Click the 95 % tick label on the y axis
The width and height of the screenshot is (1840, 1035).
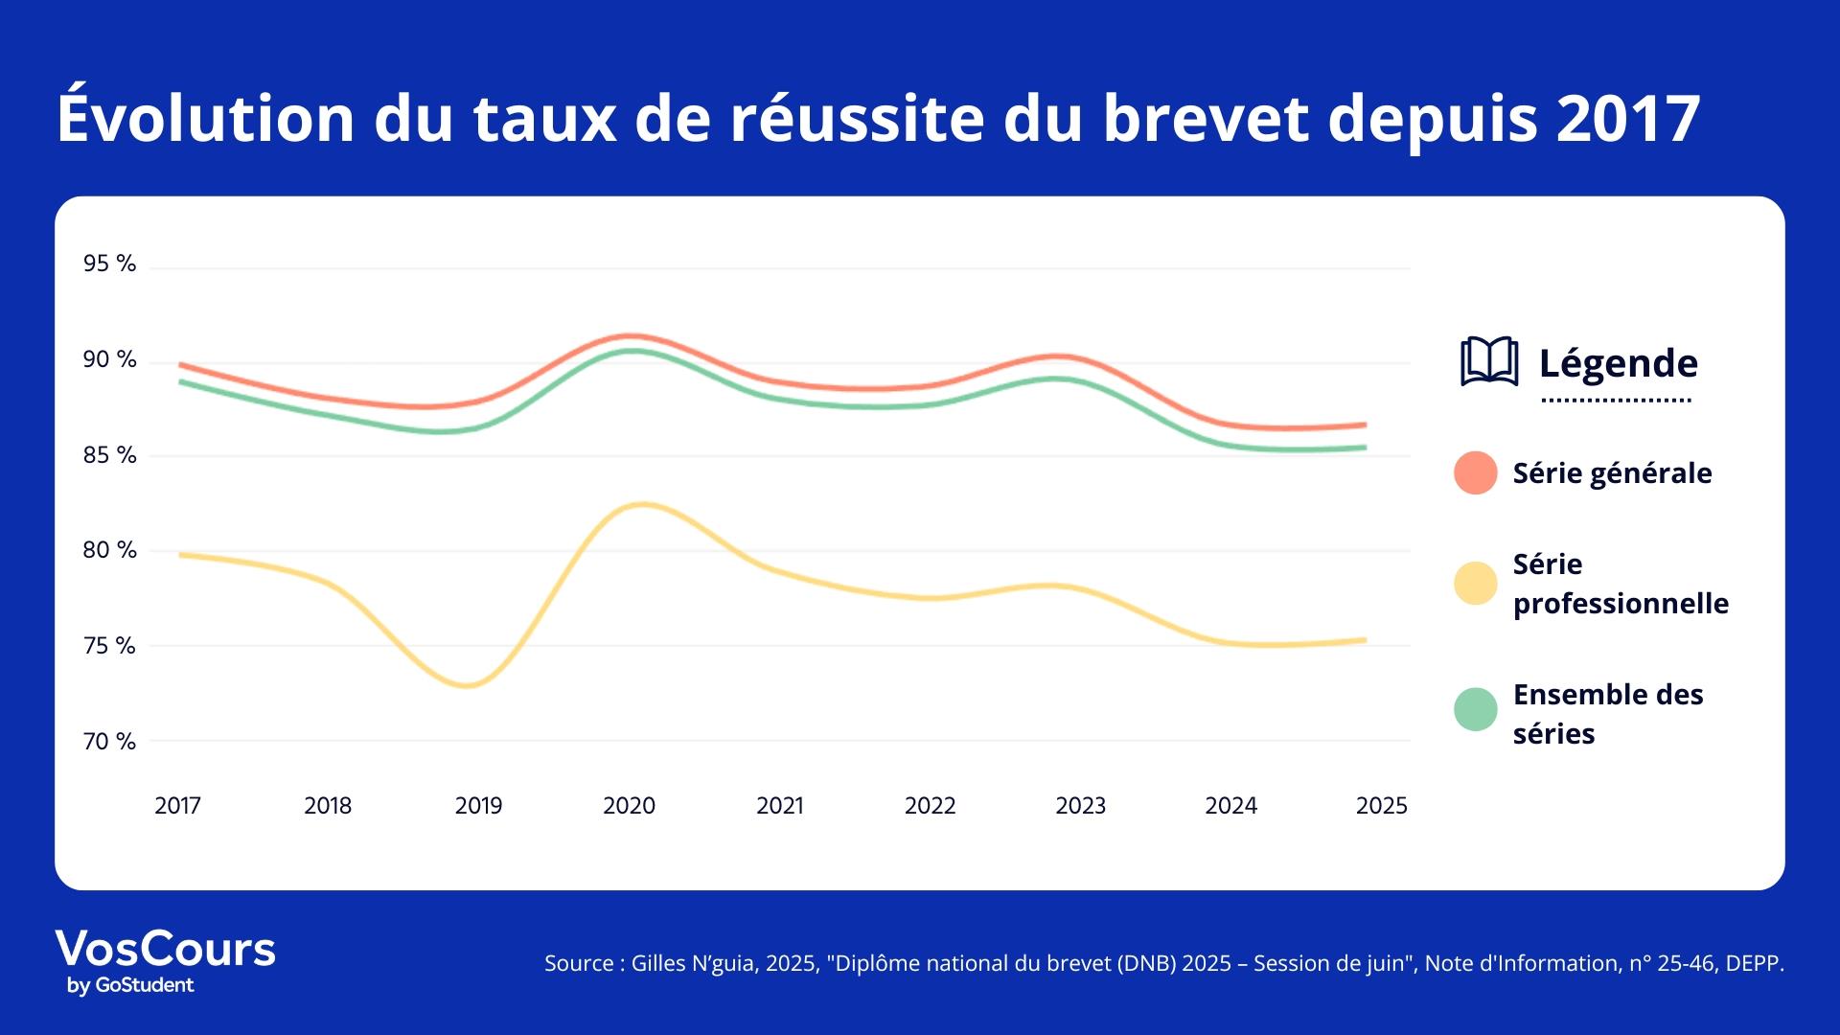point(109,264)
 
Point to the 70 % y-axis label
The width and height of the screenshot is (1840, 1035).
point(109,742)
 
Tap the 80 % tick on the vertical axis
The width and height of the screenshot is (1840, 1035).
point(109,550)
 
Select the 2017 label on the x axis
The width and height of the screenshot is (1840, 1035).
point(177,806)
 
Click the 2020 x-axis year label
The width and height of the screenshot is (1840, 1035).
point(629,806)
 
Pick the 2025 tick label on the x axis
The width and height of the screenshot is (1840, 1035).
point(1381,806)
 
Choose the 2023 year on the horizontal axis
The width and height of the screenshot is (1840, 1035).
point(1080,806)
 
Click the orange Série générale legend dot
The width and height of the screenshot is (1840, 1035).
point(1475,472)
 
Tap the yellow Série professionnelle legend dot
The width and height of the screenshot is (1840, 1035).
point(1475,584)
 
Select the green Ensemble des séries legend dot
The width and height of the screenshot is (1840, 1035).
point(1475,709)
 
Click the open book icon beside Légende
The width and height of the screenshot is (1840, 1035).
point(1488,362)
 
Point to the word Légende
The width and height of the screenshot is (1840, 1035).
point(1618,363)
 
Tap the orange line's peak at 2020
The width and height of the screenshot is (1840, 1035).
point(630,336)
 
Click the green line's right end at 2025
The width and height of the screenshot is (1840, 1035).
point(1364,448)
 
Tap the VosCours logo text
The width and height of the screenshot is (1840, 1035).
point(165,949)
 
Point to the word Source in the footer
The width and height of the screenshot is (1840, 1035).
point(578,963)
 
